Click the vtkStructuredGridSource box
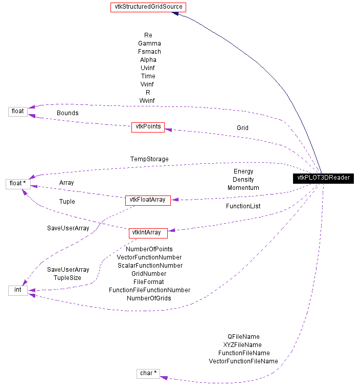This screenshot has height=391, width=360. tap(148, 7)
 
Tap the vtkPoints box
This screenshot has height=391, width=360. tap(148, 127)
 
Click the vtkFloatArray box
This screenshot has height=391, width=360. tap(148, 200)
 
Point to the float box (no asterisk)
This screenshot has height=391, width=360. tap(17, 111)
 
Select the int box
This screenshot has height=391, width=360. tap(17, 290)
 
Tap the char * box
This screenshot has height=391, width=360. tap(148, 373)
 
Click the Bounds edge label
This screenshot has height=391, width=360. tap(67, 113)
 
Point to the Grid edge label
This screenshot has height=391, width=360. tap(242, 127)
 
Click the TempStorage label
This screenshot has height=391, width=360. tap(149, 159)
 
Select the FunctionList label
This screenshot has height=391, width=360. tap(243, 206)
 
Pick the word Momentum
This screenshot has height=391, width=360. tap(243, 188)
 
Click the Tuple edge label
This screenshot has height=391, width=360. tap(67, 202)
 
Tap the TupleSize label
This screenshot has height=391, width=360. tap(68, 277)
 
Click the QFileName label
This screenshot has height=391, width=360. tap(243, 337)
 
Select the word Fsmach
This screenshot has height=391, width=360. tap(149, 52)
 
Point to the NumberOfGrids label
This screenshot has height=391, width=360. tap(149, 298)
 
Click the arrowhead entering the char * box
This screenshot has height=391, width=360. tap(164, 377)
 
